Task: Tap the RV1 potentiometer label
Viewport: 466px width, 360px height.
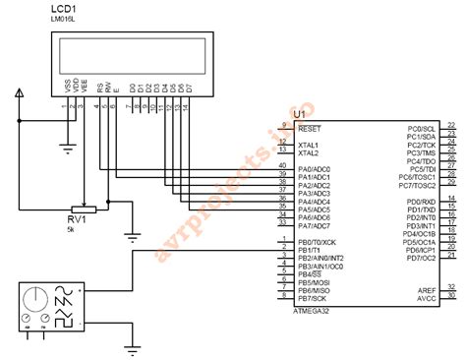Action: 78,218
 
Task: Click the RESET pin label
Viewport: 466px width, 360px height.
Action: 309,129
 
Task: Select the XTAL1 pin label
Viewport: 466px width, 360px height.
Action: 308,145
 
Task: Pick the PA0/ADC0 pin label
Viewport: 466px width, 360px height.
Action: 315,169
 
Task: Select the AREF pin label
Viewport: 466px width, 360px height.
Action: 427,290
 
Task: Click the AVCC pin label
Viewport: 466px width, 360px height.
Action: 427,298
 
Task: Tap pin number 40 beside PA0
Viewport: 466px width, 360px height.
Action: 283,166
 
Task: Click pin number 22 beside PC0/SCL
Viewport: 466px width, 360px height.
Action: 451,126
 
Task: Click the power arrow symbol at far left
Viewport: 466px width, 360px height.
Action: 19,94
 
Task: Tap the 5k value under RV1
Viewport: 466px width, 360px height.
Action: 71,229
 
